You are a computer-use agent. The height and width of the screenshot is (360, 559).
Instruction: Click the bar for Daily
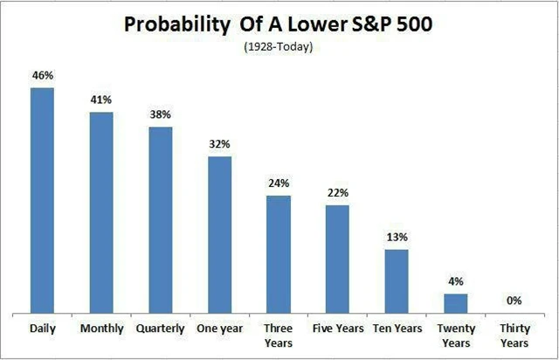point(42,200)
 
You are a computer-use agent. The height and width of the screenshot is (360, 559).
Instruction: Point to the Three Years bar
point(279,254)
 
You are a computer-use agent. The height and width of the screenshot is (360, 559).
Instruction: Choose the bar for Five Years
point(337,259)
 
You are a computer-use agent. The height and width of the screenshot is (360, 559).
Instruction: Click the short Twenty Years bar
point(456,303)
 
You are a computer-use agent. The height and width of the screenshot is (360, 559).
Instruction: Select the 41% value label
point(101,100)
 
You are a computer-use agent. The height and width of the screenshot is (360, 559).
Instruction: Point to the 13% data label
point(397,238)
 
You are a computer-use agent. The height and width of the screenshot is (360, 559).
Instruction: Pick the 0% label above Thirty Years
point(514,301)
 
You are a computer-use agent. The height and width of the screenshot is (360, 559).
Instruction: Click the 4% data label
point(456,281)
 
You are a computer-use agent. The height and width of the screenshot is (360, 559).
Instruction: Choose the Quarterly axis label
point(160,329)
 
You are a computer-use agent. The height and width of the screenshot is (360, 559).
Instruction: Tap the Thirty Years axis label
point(514,336)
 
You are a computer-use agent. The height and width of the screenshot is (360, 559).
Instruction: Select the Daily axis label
point(42,329)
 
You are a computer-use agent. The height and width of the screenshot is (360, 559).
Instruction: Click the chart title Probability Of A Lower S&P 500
point(278,24)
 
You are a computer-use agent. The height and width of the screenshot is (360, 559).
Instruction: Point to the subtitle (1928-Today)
point(278,45)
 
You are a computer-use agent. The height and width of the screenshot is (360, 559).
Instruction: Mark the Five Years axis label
point(337,329)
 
